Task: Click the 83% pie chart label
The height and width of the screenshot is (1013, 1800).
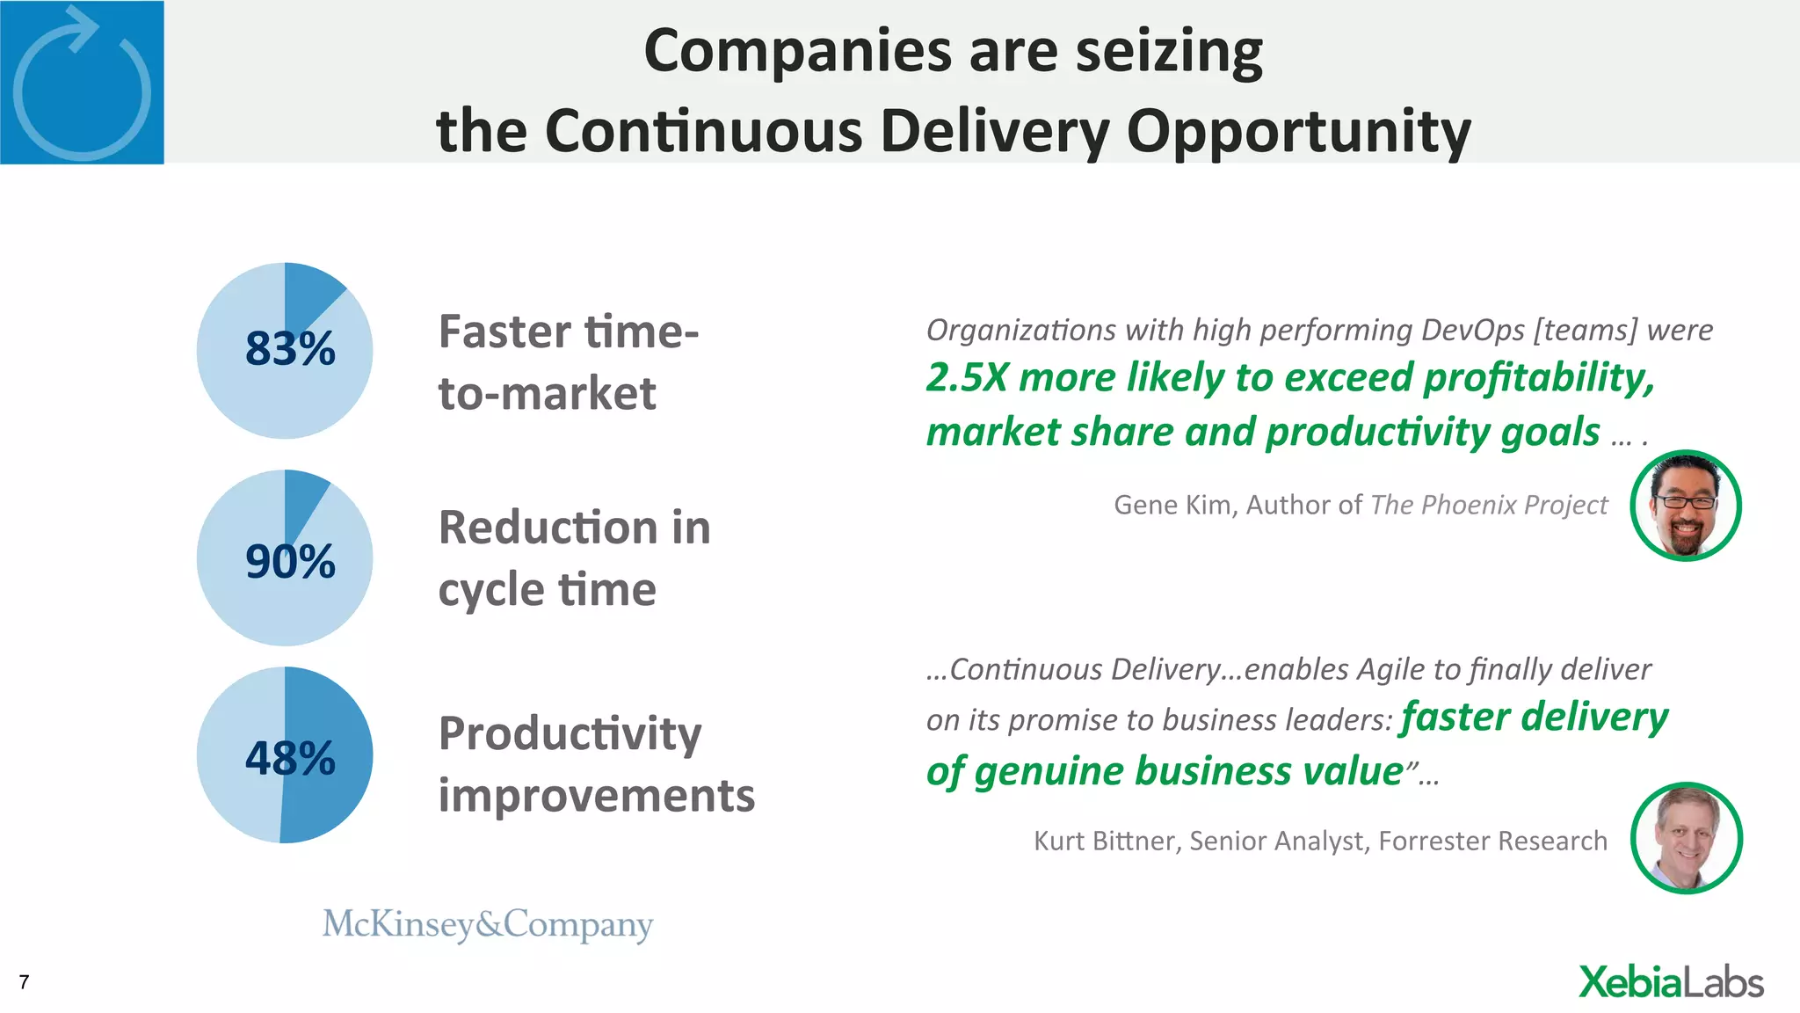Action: click(x=290, y=348)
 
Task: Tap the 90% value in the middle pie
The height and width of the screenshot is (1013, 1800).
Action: click(x=290, y=561)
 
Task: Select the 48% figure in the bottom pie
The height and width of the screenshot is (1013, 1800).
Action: click(x=290, y=758)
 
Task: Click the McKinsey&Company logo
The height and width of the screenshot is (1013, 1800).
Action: click(x=488, y=924)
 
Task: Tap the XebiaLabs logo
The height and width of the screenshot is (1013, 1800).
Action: click(x=1670, y=982)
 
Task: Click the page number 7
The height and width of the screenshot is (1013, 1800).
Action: click(x=24, y=982)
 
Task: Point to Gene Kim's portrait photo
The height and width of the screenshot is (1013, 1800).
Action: click(x=1685, y=506)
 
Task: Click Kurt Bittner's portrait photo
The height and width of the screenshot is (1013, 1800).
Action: click(x=1685, y=838)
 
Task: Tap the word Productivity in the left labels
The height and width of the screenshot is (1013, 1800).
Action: click(x=570, y=734)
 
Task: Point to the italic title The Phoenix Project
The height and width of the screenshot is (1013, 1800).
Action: click(x=1489, y=505)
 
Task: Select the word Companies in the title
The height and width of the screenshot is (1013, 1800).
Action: click(x=797, y=51)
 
